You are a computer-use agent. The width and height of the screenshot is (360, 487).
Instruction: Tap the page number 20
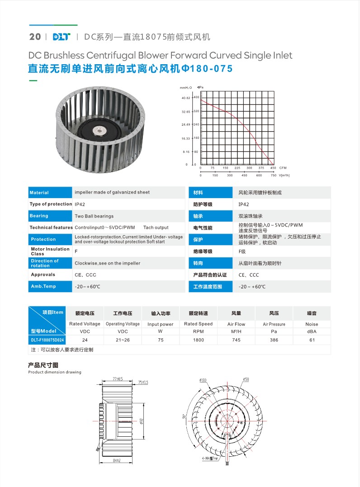pyautogui.click(x=35, y=37)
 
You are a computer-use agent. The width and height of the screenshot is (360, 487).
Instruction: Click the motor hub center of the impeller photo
pyautogui.click(x=99, y=131)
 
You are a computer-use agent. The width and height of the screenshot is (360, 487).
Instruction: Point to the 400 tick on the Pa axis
pyautogui.click(x=196, y=97)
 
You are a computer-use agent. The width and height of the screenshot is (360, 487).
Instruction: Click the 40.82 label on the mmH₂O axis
pyautogui.click(x=186, y=98)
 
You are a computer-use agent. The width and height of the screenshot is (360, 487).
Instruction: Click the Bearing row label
pyautogui.click(x=39, y=216)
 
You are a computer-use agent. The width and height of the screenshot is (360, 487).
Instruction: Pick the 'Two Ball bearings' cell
pyautogui.click(x=94, y=216)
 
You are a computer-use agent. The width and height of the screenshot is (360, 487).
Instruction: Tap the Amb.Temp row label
pyautogui.click(x=43, y=287)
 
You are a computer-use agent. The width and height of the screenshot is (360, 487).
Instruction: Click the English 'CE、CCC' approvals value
pyautogui.click(x=85, y=275)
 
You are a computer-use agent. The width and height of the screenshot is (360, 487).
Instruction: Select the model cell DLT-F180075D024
pyautogui.click(x=47, y=340)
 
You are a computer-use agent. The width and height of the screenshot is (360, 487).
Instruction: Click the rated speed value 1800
pyautogui.click(x=199, y=340)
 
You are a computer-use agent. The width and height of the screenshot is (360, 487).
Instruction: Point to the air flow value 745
pyautogui.click(x=236, y=340)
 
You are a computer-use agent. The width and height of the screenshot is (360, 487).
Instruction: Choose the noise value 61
pyautogui.click(x=312, y=340)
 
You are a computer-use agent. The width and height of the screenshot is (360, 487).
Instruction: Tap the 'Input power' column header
pyautogui.click(x=161, y=324)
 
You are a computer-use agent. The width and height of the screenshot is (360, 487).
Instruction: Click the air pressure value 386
pyautogui.click(x=274, y=340)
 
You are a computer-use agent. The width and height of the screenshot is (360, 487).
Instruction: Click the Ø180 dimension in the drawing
pyautogui.click(x=203, y=380)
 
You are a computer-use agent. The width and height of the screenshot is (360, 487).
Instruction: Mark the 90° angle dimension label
pyautogui.click(x=185, y=416)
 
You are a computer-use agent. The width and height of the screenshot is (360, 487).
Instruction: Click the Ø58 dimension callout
pyautogui.click(x=246, y=379)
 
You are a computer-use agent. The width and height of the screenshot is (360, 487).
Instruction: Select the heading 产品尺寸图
pyautogui.click(x=43, y=365)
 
